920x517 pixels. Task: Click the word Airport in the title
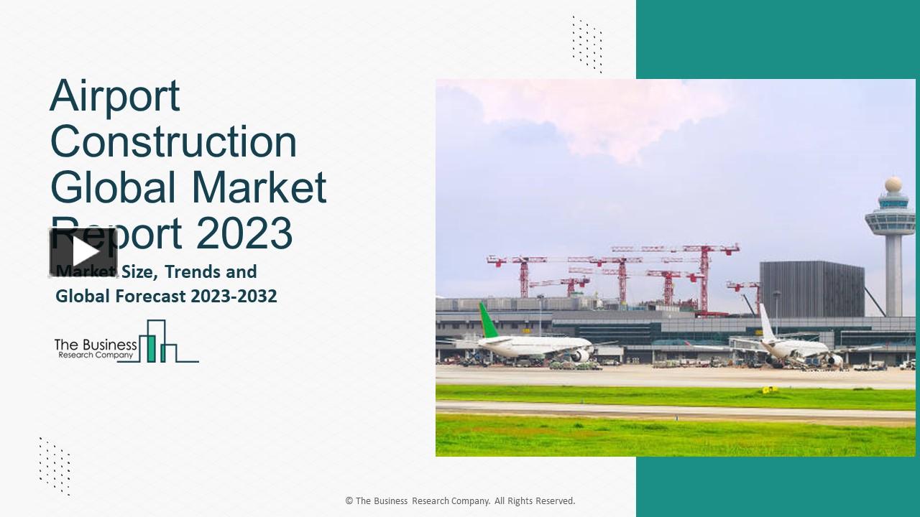(x=115, y=96)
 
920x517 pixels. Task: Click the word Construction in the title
(x=173, y=141)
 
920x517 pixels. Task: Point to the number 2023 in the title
(x=244, y=233)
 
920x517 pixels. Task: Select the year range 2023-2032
(x=234, y=296)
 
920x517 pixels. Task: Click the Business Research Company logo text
(x=96, y=348)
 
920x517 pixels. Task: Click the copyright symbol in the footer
(x=349, y=501)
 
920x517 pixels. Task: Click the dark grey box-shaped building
(x=811, y=289)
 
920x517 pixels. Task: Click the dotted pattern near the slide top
(x=586, y=43)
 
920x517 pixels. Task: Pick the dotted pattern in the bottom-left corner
(x=55, y=465)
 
